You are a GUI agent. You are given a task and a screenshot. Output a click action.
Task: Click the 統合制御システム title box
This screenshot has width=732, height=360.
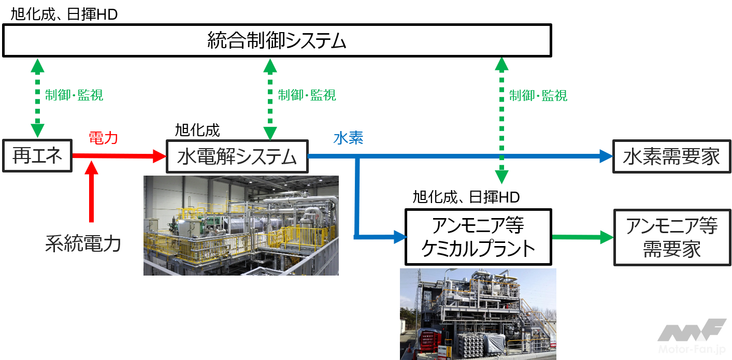[277, 40]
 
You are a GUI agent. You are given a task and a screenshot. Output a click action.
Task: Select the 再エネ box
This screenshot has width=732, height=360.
[36, 156]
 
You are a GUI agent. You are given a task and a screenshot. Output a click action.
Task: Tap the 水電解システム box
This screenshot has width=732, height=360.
[237, 156]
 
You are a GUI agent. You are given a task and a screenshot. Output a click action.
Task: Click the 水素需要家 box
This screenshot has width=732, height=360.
[671, 156]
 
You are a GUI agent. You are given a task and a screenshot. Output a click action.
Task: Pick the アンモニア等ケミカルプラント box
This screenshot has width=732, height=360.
[478, 237]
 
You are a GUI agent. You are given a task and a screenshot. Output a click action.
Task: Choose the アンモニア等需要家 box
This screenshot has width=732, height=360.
[671, 237]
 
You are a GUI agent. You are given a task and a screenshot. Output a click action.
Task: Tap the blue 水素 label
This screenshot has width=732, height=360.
[349, 138]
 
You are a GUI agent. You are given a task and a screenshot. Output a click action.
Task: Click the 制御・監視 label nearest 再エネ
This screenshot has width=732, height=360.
[74, 95]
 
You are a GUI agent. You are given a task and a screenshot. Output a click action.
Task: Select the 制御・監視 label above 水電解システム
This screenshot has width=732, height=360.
[307, 95]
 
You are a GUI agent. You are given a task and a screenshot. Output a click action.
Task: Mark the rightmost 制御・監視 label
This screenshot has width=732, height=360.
[538, 95]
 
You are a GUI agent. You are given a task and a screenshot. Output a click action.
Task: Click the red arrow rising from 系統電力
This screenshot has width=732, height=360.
[92, 192]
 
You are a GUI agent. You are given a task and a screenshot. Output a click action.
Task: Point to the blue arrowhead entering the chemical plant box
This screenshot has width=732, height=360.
[400, 237]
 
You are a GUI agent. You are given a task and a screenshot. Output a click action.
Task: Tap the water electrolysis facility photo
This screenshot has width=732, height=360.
[241, 225]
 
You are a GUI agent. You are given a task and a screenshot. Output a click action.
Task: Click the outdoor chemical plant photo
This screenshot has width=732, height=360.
[478, 314]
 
